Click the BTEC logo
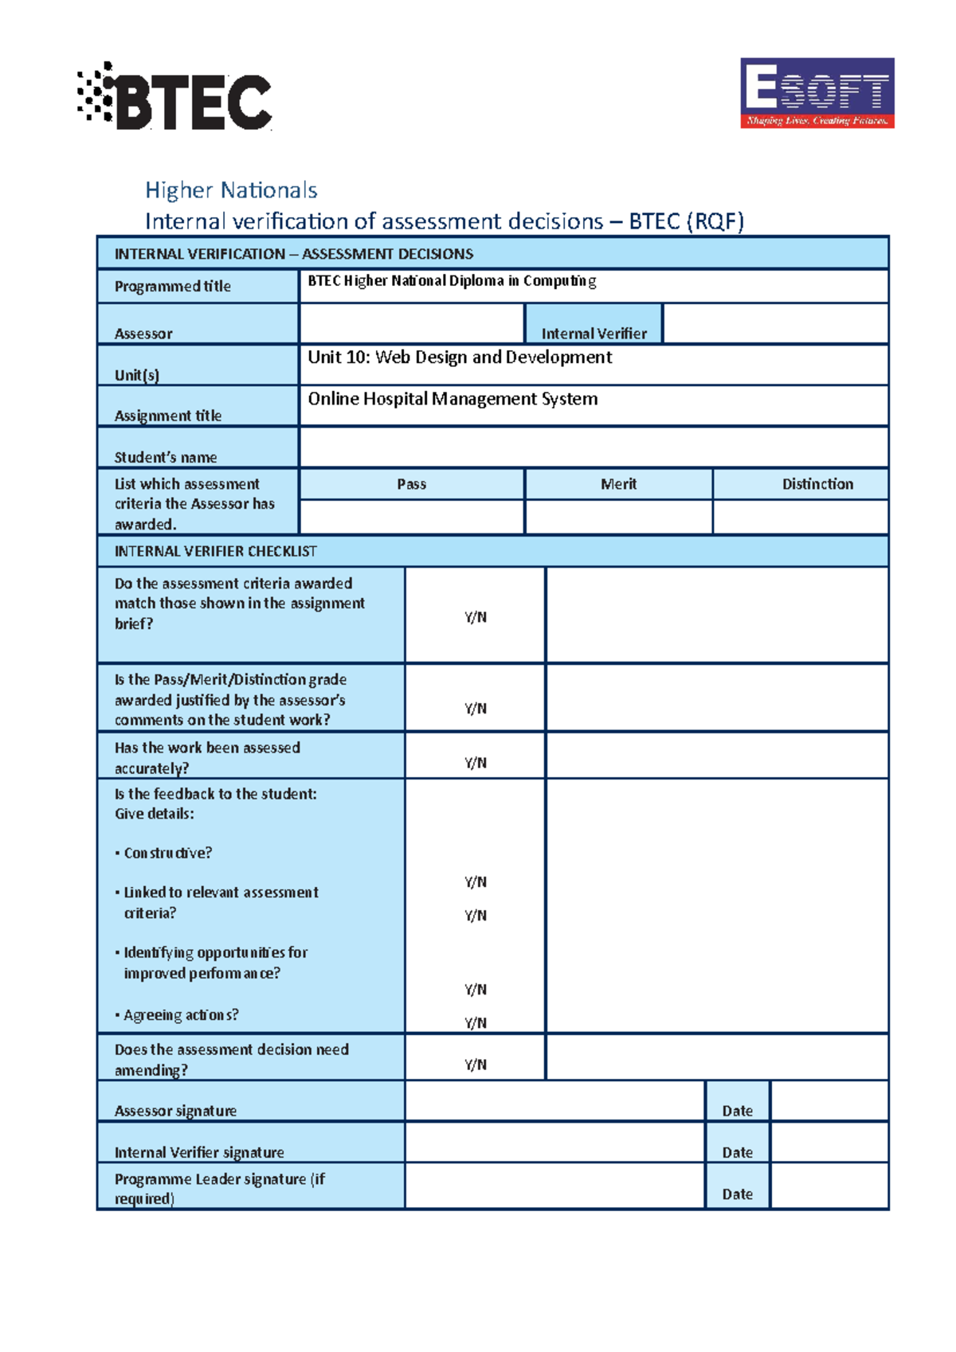coord(175,97)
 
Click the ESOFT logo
coord(817,92)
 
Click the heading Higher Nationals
coord(231,190)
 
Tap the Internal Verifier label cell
coord(594,333)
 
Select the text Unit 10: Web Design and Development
coord(460,358)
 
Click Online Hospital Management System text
coord(453,399)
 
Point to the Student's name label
coord(165,457)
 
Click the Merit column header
coord(618,484)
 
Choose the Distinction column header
coord(817,484)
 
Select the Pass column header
coord(411,484)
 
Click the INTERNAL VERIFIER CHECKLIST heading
coord(215,551)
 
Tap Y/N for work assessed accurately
coord(475,763)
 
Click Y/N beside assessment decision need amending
coord(475,1065)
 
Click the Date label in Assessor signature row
coord(737,1111)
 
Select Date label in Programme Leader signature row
coord(737,1194)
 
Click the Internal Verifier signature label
coord(199,1152)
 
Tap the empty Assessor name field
coord(411,324)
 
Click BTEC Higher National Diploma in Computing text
coord(452,281)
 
